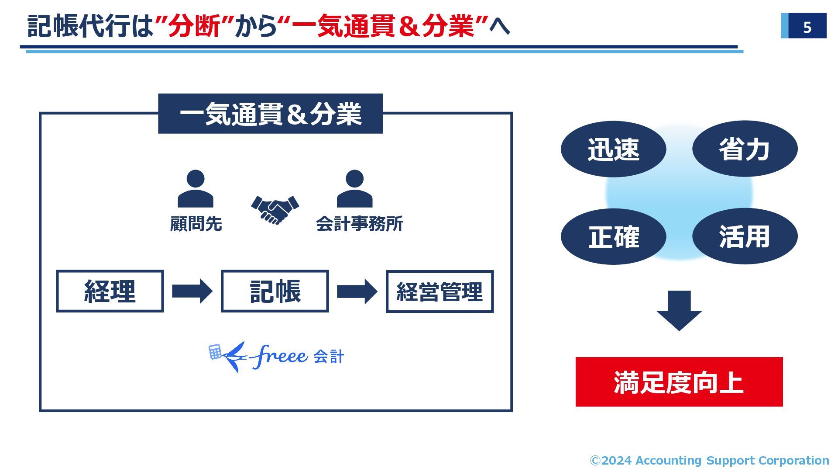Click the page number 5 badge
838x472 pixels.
pyautogui.click(x=806, y=26)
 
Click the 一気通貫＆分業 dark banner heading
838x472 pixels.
pyautogui.click(x=270, y=114)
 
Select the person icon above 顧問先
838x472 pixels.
pyautogui.click(x=195, y=189)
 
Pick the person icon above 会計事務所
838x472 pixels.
pyautogui.click(x=354, y=189)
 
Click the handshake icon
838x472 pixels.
pyautogui.click(x=275, y=209)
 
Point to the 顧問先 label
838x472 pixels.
pyautogui.click(x=196, y=224)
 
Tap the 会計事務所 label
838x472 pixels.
pyautogui.click(x=359, y=224)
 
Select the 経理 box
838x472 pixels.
pyautogui.click(x=110, y=291)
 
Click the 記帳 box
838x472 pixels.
pyautogui.click(x=275, y=291)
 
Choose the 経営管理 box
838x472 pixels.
pyautogui.click(x=440, y=292)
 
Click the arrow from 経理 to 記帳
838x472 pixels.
pyautogui.click(x=192, y=291)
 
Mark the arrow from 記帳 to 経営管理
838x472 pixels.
pyautogui.click(x=357, y=291)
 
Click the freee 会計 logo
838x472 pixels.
pyautogui.click(x=276, y=356)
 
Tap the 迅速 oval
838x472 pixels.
pyautogui.click(x=613, y=149)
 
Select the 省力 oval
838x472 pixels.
pyautogui.click(x=745, y=149)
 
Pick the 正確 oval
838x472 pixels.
pyautogui.click(x=613, y=237)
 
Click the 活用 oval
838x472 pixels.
pyautogui.click(x=745, y=236)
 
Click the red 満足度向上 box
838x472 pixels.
pyautogui.click(x=679, y=382)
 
